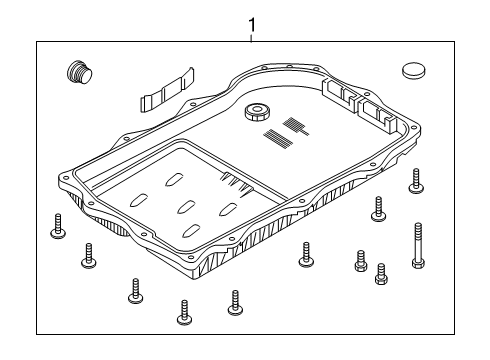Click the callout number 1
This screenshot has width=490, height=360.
click(252, 25)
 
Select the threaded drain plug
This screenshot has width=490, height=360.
click(79, 72)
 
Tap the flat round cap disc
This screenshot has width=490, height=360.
click(413, 70)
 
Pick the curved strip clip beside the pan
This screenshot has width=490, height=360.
click(167, 90)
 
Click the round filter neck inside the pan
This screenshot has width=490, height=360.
click(257, 112)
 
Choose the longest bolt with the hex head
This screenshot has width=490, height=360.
click(418, 245)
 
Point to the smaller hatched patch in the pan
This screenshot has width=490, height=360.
click(296, 125)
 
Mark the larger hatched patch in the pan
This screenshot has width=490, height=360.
click(278, 139)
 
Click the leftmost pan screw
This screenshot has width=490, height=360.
click(58, 226)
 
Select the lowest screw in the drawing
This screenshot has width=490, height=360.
click(184, 312)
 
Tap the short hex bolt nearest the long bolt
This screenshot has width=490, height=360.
click(382, 274)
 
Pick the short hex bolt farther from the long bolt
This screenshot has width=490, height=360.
click(361, 261)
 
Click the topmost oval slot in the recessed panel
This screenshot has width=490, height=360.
click(174, 179)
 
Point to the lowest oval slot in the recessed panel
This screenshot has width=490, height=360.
click(191, 231)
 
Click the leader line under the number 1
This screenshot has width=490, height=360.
click(252, 37)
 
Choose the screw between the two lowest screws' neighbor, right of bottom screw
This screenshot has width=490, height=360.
click(235, 303)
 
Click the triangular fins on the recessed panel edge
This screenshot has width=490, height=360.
click(237, 184)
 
